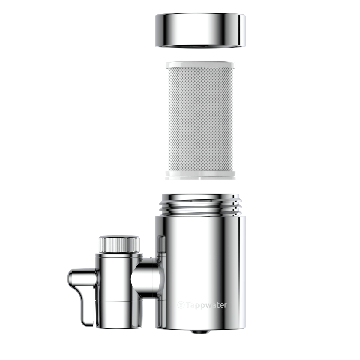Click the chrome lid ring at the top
pyautogui.click(x=200, y=31)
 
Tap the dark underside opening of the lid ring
pyautogui.click(x=200, y=46)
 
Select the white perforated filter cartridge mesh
pyautogui.click(x=201, y=120)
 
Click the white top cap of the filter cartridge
pyautogui.click(x=200, y=64)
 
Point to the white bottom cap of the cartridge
pyautogui.click(x=200, y=175)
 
